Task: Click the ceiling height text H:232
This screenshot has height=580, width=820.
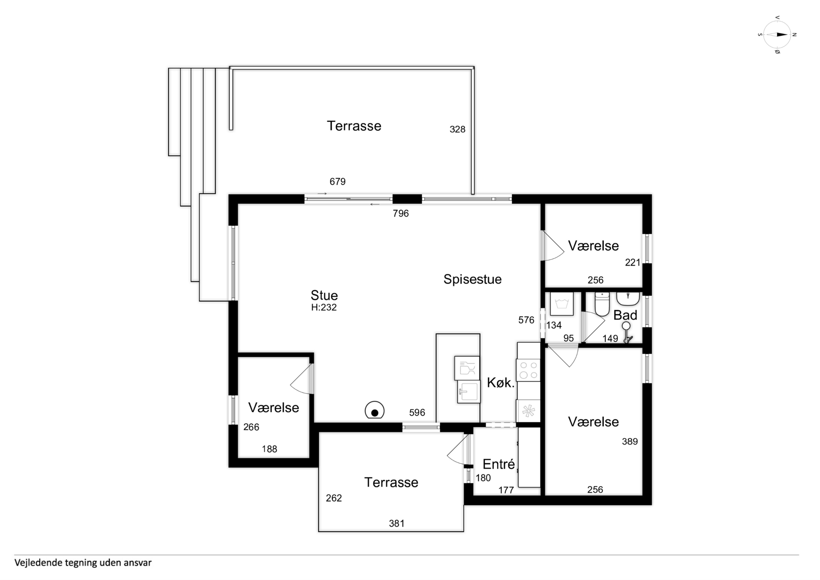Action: click(x=324, y=308)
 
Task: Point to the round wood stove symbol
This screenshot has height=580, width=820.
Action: click(x=375, y=410)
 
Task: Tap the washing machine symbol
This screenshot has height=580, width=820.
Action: click(x=562, y=304)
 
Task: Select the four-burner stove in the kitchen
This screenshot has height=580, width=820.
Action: click(x=528, y=370)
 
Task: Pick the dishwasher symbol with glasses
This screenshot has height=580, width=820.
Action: click(x=467, y=368)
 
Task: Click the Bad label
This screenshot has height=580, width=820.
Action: click(x=625, y=315)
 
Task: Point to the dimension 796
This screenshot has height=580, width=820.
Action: click(x=401, y=214)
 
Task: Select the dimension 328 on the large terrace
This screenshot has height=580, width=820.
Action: click(x=457, y=129)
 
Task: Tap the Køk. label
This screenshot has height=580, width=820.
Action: click(x=501, y=383)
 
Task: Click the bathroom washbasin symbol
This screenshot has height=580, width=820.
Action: click(x=628, y=299)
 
